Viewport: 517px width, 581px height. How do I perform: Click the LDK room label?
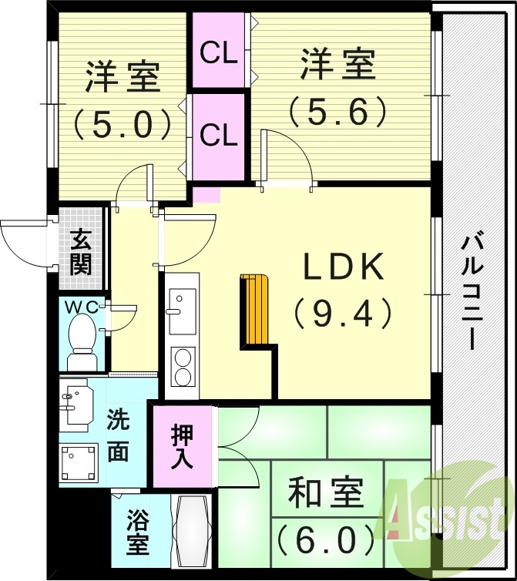point(343,268)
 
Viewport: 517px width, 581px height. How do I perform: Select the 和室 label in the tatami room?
point(324,494)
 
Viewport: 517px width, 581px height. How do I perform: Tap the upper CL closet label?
point(219,53)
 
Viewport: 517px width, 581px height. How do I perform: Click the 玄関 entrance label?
point(80,251)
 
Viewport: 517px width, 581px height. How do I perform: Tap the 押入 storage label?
point(183,446)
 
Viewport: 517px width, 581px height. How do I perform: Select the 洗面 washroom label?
point(117,436)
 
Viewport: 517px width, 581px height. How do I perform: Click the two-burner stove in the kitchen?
point(183,367)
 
